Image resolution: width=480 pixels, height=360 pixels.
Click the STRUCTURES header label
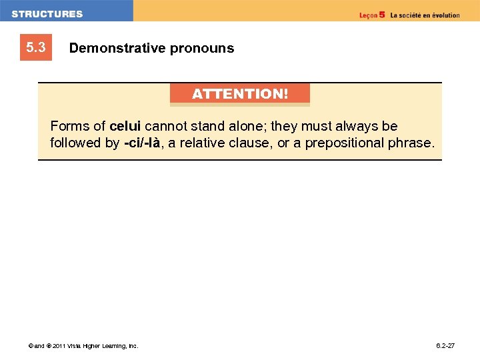coord(47,14)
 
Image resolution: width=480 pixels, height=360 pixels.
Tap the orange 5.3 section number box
coord(36,48)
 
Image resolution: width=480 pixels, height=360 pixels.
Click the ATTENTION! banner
coord(240,94)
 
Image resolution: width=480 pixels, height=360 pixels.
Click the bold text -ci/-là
coord(142,143)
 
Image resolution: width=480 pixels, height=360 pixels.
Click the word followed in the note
coord(75,143)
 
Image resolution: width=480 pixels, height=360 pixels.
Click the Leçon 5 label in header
coord(372,15)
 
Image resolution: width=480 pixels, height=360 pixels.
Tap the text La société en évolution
coord(425,15)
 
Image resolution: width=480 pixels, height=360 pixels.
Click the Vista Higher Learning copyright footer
coord(83,346)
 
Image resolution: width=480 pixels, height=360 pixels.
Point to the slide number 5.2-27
coord(445,346)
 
